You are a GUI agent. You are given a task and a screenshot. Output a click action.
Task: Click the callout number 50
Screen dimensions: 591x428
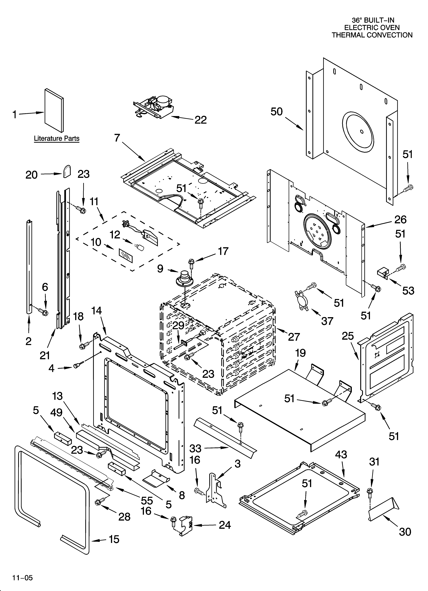coord(277,112)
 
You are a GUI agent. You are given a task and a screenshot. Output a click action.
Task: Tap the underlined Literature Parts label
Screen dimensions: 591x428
coord(57,138)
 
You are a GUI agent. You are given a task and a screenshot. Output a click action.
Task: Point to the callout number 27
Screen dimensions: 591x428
coord(294,337)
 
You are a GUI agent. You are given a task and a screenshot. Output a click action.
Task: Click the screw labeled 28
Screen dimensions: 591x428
coord(99,502)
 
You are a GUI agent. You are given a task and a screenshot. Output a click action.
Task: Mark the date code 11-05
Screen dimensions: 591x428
coord(22,569)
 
